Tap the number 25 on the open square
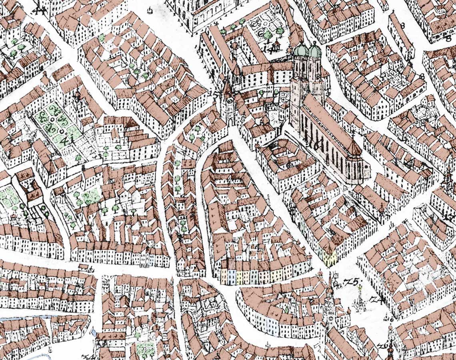(352, 282)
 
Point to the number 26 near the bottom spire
(386, 345)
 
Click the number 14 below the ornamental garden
(272, 49)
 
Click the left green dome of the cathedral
(301, 50)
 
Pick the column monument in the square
(360, 298)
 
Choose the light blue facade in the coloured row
(231, 276)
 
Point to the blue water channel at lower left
(24, 318)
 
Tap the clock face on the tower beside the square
(330, 302)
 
